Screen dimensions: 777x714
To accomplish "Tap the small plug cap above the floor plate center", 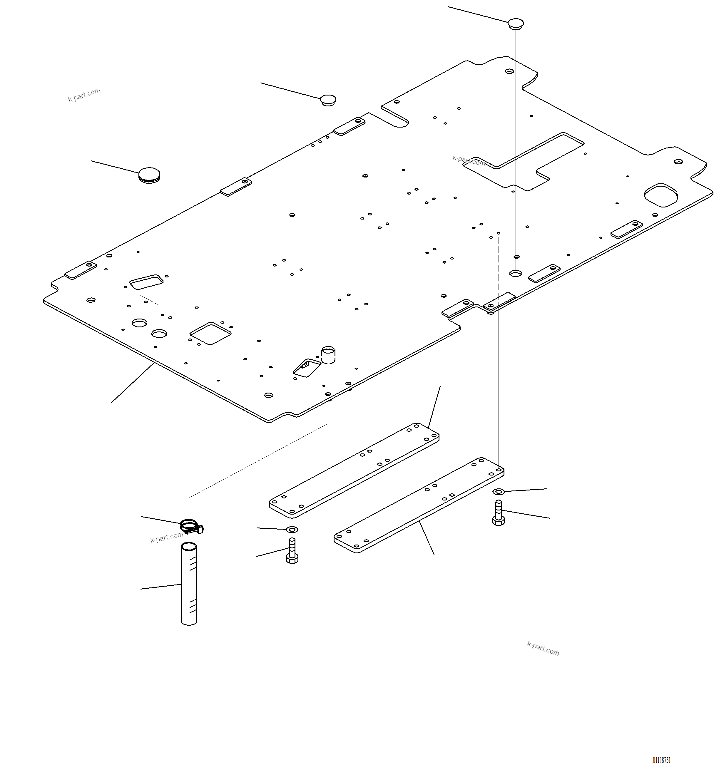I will click(x=328, y=100).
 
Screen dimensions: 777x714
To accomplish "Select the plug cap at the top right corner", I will click(x=515, y=24).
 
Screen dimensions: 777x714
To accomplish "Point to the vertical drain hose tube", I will click(x=189, y=583).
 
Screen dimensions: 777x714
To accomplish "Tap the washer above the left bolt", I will click(x=292, y=529).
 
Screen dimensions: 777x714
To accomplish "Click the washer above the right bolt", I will click(x=499, y=492).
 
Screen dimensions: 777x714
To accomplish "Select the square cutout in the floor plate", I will click(x=210, y=333).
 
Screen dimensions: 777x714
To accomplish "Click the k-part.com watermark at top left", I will click(x=84, y=95).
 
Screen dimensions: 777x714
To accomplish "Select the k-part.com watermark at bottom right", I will click(x=543, y=648).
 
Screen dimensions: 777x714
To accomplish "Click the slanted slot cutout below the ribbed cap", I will click(x=146, y=282).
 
